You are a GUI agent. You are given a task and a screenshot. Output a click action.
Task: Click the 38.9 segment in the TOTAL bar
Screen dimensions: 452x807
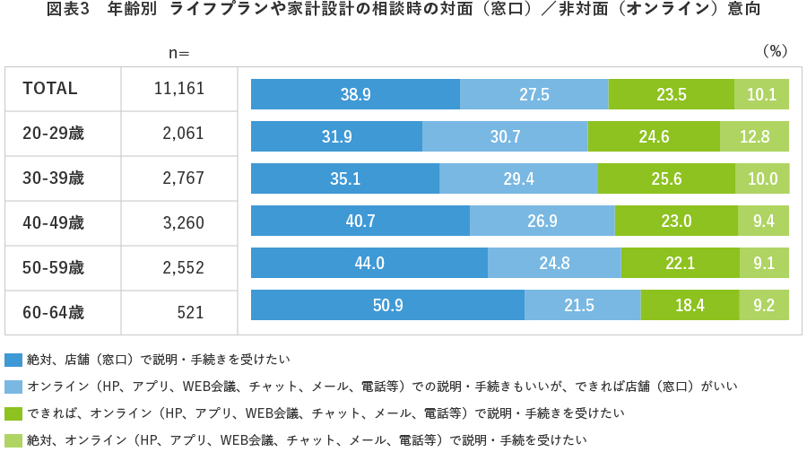click(x=355, y=94)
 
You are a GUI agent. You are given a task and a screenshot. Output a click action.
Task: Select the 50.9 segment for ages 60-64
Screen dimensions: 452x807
click(x=387, y=305)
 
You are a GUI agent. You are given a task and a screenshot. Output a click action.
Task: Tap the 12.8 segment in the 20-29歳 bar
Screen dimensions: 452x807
click(x=755, y=136)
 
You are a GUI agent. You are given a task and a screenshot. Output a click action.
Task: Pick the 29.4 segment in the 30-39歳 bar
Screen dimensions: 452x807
click(x=518, y=178)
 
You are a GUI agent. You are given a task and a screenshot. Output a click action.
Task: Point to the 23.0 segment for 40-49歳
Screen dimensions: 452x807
click(x=676, y=221)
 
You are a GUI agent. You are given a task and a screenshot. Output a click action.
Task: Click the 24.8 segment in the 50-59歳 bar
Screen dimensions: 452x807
click(x=554, y=263)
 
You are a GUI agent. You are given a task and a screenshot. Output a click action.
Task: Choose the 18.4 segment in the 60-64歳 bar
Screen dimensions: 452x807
click(x=689, y=305)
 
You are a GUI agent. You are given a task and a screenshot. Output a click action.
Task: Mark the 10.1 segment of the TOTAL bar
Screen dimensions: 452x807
click(x=761, y=94)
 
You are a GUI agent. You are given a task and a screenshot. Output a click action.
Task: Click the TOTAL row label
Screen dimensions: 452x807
click(x=50, y=89)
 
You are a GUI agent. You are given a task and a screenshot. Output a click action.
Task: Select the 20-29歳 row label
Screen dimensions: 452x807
click(x=53, y=134)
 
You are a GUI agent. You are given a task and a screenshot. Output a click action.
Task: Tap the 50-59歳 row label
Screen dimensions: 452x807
click(x=53, y=267)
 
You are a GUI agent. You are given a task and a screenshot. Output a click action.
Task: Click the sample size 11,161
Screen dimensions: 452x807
click(x=179, y=89)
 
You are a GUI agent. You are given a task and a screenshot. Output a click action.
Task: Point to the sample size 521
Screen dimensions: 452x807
click(x=190, y=313)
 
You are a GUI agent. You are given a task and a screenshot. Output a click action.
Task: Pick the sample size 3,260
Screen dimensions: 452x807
click(x=183, y=222)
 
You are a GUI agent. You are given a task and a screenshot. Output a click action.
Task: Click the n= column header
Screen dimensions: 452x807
click(x=179, y=52)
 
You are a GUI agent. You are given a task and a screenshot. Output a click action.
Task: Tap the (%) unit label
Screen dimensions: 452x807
click(x=774, y=51)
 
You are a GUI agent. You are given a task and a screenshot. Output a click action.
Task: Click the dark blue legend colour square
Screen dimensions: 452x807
click(x=13, y=360)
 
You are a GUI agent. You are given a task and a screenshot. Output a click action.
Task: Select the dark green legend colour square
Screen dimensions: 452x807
click(x=13, y=413)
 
